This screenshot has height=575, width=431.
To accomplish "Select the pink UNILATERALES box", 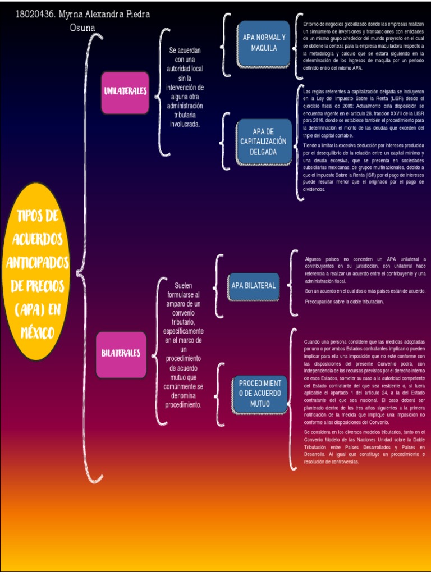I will tap(125, 92).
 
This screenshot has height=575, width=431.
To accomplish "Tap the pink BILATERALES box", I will tap(121, 354).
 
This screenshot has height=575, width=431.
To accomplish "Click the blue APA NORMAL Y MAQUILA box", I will tap(264, 43).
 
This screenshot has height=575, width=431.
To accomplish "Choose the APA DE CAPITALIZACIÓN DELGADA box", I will tap(263, 142).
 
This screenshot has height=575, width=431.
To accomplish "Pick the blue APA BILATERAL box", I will tap(253, 285).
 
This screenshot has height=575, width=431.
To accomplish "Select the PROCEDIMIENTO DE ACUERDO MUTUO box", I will tap(260, 393).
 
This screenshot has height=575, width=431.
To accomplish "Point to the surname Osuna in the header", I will tap(82, 28).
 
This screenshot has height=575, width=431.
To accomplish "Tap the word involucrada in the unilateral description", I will tap(185, 124).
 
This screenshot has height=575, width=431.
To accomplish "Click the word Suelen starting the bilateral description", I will tap(184, 285).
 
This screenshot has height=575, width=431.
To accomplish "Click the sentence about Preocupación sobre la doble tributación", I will tap(344, 302).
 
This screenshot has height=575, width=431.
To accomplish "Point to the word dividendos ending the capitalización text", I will tap(314, 190).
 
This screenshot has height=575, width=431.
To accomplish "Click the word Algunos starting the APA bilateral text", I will tap(314, 259).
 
